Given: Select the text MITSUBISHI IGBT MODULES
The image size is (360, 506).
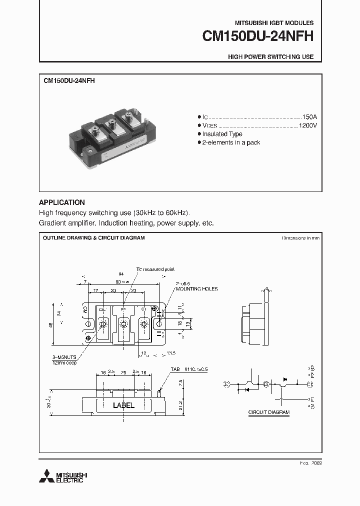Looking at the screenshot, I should tap(274, 23).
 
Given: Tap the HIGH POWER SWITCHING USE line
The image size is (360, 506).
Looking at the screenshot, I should tap(270, 57).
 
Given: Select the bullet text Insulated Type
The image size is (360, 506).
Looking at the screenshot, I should tap(222, 134).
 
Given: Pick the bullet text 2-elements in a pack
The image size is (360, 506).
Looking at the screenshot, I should tap(231, 142).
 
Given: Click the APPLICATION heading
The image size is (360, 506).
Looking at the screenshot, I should tap(61, 202).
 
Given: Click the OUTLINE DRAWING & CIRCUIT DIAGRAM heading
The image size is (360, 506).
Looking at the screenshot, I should tap(93, 238).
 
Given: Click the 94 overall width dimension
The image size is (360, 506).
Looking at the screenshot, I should tap(121, 274).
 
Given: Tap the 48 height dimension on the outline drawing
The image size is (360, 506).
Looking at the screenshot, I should tap(50, 325).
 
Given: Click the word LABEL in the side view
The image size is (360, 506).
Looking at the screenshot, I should tap(123, 405).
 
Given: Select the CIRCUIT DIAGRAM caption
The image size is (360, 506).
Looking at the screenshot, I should tap(269, 412).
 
